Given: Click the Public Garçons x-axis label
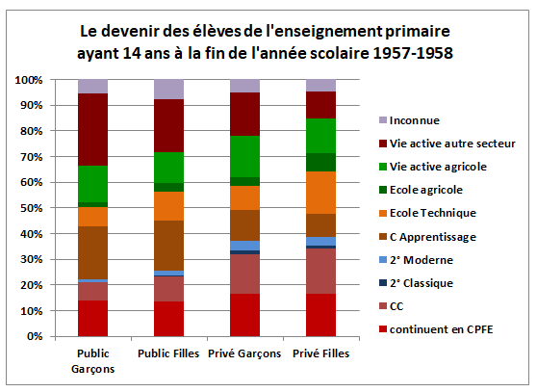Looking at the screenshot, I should tap(92, 360).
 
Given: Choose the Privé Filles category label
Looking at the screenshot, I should tap(320, 353).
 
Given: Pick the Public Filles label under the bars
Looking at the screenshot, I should tap(169, 353).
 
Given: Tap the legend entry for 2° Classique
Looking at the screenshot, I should tap(424, 282).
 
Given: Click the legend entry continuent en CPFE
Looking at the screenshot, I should tap(440, 328).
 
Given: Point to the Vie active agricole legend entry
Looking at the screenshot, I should tap(439, 167).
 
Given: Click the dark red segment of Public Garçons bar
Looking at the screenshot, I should tap(93, 129).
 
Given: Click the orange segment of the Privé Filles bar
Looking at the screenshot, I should tap(320, 193).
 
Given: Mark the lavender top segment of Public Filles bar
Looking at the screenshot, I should tap(169, 89).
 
